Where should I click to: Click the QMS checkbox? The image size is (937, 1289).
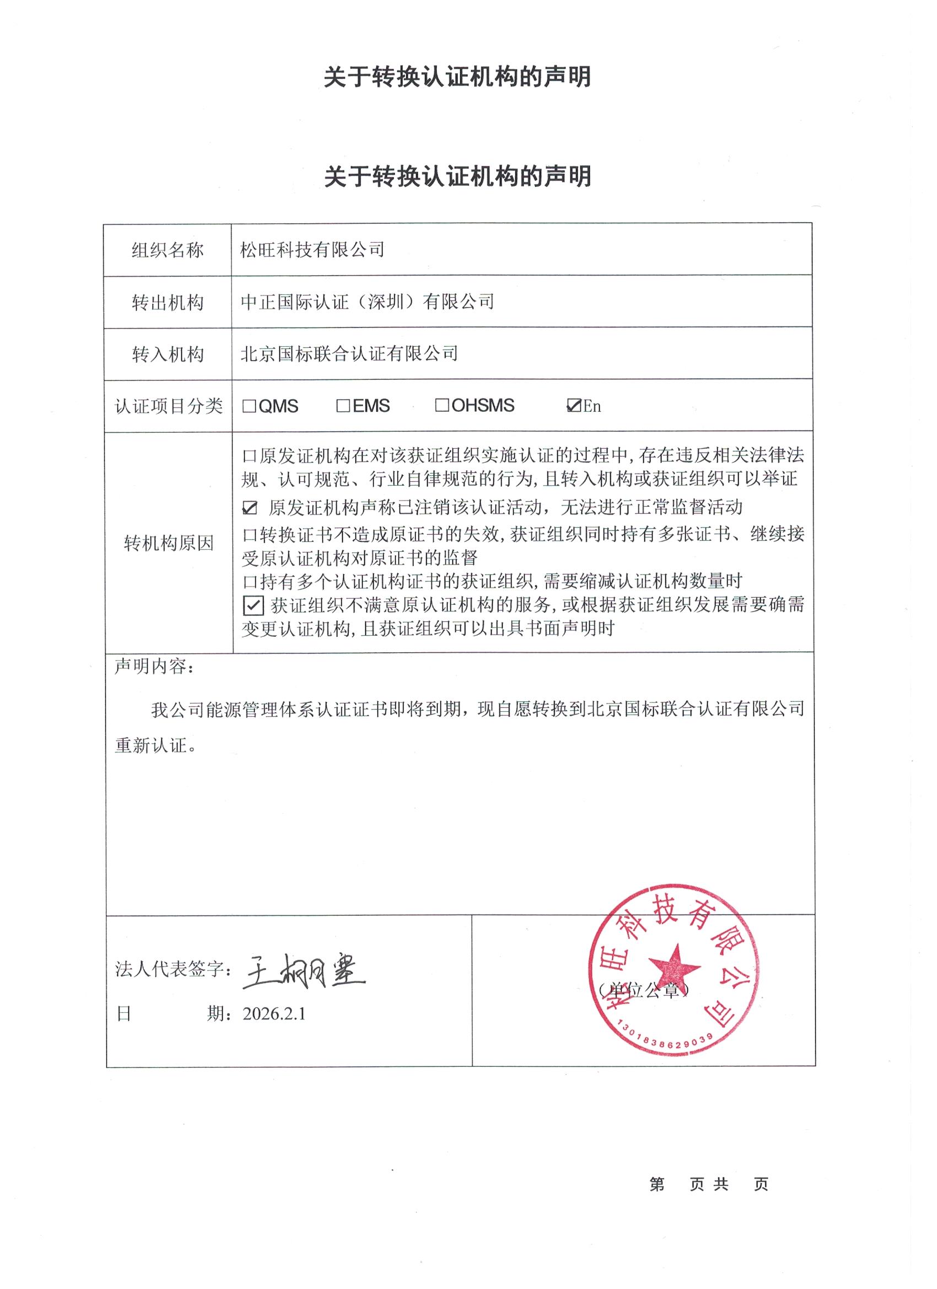click(x=249, y=406)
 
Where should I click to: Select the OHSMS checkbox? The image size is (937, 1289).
click(x=441, y=405)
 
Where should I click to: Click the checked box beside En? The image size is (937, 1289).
click(x=573, y=406)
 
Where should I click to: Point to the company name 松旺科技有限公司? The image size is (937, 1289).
click(x=312, y=250)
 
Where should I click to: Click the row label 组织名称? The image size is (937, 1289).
click(x=168, y=250)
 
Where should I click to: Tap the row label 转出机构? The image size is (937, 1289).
click(x=168, y=303)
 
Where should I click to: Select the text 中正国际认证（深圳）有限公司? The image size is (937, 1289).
click(x=367, y=302)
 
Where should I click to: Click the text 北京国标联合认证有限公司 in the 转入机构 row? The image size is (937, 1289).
click(x=349, y=354)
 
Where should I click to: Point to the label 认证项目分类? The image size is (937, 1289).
click(x=168, y=406)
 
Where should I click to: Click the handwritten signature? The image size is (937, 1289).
click(x=304, y=970)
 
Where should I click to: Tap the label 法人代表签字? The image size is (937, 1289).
click(x=170, y=970)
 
